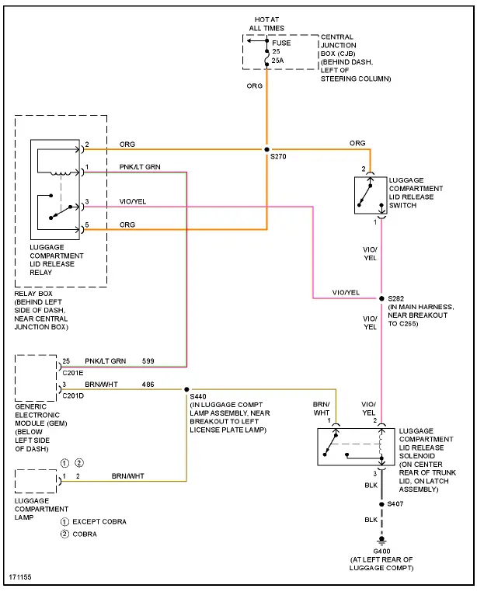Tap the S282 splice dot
(381, 298)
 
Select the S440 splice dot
(186, 388)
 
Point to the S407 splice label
(397, 505)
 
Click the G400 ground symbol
(381, 541)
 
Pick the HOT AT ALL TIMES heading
(266, 23)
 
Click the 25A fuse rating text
(277, 59)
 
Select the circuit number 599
(148, 361)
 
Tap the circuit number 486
(148, 384)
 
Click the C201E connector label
(73, 371)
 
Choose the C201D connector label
(73, 394)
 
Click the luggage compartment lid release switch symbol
(369, 195)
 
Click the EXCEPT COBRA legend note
(99, 521)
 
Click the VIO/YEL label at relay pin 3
(132, 202)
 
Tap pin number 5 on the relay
(87, 225)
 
